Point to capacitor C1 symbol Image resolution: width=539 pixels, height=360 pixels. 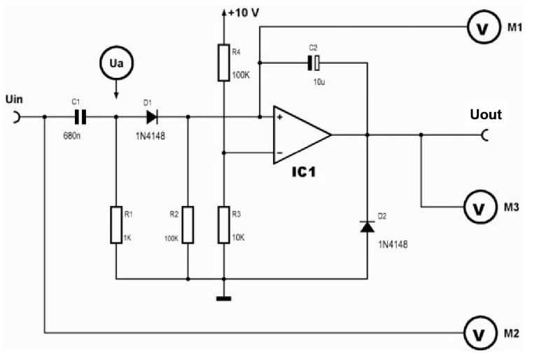80,116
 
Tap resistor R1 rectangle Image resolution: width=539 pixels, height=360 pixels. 116,224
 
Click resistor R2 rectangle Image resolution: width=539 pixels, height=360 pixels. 188,224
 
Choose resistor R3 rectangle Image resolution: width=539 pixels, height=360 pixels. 223,224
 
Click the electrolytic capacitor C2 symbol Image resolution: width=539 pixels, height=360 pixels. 314,64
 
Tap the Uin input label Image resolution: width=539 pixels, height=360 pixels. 15,99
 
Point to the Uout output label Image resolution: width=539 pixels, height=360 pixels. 486,113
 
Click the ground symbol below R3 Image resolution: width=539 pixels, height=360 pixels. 223,300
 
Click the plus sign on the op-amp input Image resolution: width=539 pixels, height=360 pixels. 279,117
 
